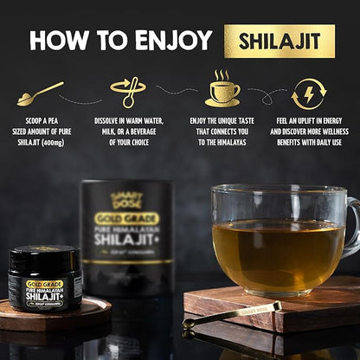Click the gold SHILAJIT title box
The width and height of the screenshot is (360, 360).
(x=280, y=41)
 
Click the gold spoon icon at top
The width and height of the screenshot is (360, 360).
(x=40, y=93)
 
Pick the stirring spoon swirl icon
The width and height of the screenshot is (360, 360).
(x=128, y=93)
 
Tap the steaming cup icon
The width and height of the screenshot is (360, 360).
(x=222, y=91)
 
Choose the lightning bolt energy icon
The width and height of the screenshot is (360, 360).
(x=308, y=93)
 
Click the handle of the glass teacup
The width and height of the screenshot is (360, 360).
(x=351, y=225)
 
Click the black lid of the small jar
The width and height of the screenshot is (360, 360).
(x=46, y=257)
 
